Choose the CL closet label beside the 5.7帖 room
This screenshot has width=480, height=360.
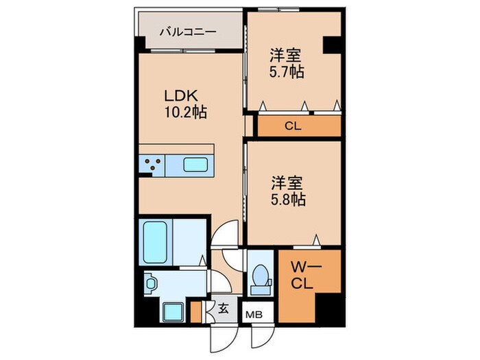click(x=293, y=126)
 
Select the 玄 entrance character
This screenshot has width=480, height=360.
click(x=224, y=309)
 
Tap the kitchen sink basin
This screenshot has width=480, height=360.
click(x=200, y=165)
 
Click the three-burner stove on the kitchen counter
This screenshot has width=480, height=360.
click(x=153, y=165)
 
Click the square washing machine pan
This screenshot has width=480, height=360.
click(x=172, y=312)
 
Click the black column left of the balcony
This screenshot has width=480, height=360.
click(x=140, y=42)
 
